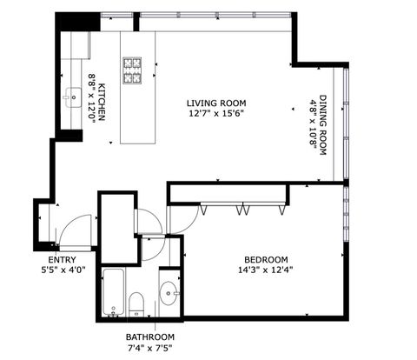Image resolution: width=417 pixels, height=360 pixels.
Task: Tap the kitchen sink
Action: point(69,97)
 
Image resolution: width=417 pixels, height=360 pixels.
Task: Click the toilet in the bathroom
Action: point(136,303)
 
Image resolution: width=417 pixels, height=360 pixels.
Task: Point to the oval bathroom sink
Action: point(168,294)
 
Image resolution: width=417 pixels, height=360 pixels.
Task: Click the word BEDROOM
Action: point(266,259)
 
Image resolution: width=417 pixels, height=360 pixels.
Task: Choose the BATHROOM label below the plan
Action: point(149,337)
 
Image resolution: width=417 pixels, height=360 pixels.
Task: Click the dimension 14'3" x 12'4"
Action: point(266,270)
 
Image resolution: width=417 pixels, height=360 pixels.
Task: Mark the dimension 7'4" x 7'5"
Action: point(149,348)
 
